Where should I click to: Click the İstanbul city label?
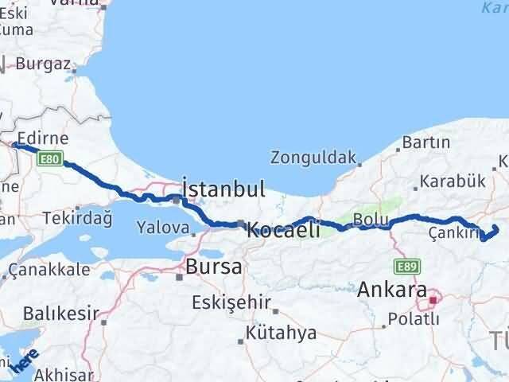(x=223, y=189)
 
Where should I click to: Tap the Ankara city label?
(x=392, y=290)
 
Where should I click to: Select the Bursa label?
(x=213, y=267)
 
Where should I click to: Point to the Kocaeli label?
(x=283, y=230)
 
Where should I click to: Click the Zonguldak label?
(x=313, y=157)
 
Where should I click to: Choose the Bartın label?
(x=426, y=142)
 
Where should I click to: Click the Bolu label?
(x=371, y=219)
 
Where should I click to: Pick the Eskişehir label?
(x=230, y=302)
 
